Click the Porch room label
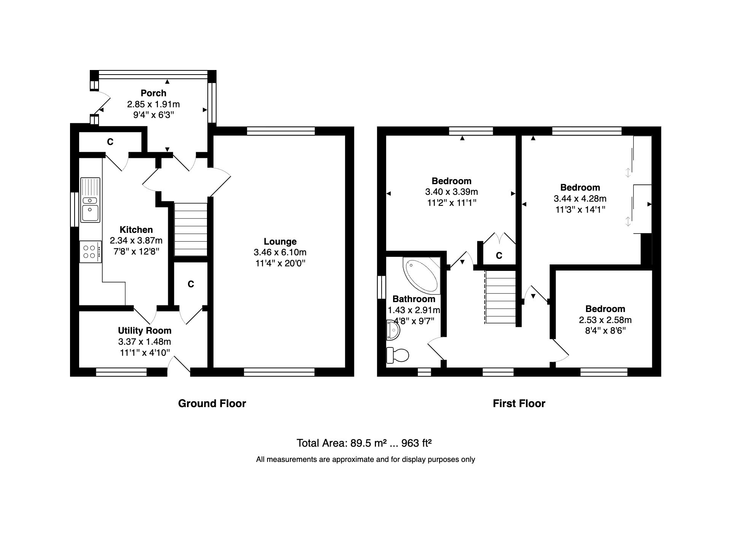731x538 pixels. pos(153,93)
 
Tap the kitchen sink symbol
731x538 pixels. pos(90,200)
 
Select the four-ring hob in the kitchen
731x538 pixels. pos(91,251)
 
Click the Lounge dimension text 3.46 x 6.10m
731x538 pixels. pos(280,252)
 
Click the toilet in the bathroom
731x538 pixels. pos(397,355)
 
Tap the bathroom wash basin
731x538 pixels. pos(393,330)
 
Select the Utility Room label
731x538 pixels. pos(145,330)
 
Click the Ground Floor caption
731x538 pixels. pos(212,403)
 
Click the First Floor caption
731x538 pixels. pos(519,403)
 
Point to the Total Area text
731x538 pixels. pos(364,443)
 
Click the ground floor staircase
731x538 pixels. pos(191,229)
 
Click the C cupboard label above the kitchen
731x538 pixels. pos(110,142)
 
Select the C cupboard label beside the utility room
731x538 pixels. pos(191,284)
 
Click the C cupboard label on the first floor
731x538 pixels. pos(499,256)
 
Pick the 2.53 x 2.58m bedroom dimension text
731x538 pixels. pos(605,320)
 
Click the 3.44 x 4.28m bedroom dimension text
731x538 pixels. pos(580,198)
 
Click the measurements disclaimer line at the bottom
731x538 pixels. pos(365,459)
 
